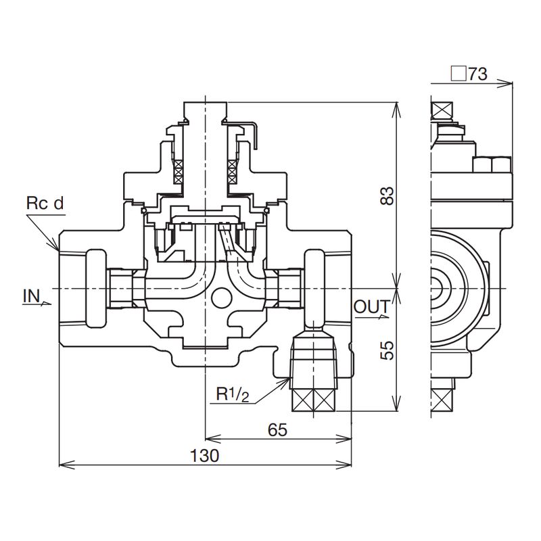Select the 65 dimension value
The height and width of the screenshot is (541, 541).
coord(277,429)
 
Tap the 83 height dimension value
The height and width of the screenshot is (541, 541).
coord(387,196)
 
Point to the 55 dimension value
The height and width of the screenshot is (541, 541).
coord(387,349)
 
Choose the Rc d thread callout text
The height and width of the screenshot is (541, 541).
coord(44,203)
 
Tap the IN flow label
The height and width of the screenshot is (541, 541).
coord(31,296)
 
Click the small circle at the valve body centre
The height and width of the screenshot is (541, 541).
coord(219,296)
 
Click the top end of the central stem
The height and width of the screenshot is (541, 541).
coord(205,103)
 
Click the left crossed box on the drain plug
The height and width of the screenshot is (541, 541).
coord(302,399)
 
